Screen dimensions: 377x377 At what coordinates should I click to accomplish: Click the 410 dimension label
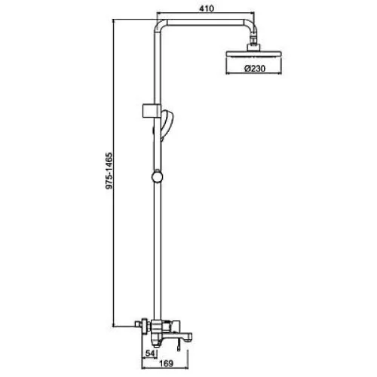pyautogui.click(x=207, y=8)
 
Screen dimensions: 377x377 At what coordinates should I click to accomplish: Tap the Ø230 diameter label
pyautogui.click(x=255, y=69)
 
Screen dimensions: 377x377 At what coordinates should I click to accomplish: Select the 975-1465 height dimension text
pyautogui.click(x=109, y=170)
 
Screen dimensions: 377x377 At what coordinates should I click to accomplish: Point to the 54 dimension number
pyautogui.click(x=150, y=354)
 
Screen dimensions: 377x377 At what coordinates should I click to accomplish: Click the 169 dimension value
pyautogui.click(x=167, y=363)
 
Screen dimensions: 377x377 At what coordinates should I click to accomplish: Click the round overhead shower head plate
pyautogui.click(x=254, y=54)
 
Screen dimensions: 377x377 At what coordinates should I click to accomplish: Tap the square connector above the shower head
pyautogui.click(x=254, y=48)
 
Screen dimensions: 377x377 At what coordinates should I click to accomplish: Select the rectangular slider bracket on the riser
pyautogui.click(x=152, y=110)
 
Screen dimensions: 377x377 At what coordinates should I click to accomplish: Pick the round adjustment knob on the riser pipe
pyautogui.click(x=157, y=177)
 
